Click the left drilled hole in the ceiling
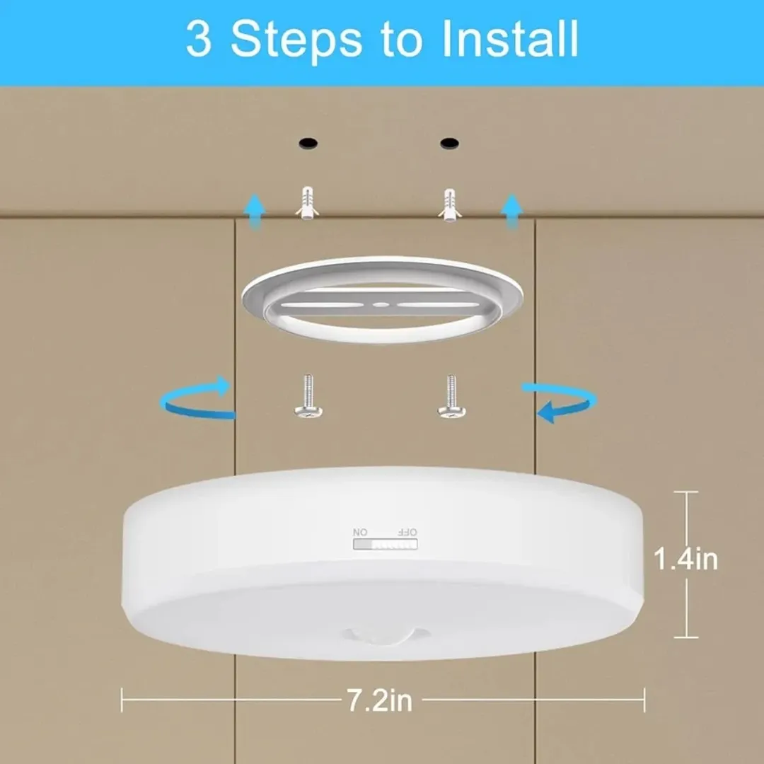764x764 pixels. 308,143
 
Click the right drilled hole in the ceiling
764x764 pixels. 449,143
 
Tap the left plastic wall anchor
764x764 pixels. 307,203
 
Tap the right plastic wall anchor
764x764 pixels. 449,205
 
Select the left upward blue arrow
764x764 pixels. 255,212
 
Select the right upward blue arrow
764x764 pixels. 512,212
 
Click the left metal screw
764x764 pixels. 308,396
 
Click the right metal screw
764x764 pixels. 451,396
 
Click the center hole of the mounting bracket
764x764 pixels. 381,305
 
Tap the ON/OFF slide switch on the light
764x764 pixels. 385,544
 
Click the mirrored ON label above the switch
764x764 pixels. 360,532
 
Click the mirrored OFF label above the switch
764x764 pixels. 407,532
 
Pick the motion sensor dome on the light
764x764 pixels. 385,635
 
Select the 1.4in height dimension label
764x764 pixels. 685,559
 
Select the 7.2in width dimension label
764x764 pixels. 380,700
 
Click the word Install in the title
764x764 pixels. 509,38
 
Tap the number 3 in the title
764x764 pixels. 199,39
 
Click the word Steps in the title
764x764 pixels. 296,42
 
